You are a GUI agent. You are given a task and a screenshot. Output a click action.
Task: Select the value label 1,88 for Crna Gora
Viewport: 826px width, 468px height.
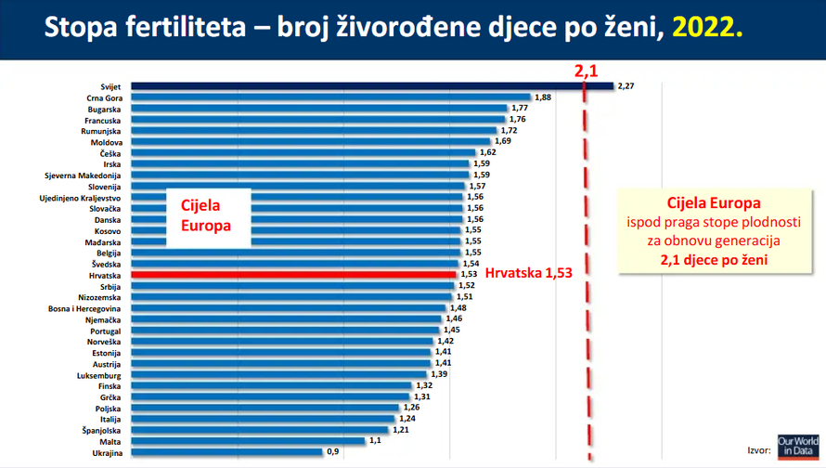pyautogui.click(x=543, y=97)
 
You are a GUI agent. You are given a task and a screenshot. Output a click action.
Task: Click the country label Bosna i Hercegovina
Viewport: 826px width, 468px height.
pyautogui.click(x=84, y=308)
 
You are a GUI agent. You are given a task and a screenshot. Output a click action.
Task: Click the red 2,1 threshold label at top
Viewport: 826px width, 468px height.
pyautogui.click(x=586, y=71)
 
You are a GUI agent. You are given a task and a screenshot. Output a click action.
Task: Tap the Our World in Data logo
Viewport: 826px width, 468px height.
pyautogui.click(x=797, y=446)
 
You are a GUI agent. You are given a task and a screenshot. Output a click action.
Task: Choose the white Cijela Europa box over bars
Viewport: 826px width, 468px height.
pyautogui.click(x=208, y=216)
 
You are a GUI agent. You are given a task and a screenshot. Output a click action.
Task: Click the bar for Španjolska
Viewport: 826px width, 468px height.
pyautogui.click(x=260, y=430)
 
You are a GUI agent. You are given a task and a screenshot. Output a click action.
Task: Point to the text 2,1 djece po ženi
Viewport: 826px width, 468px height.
pyautogui.click(x=714, y=261)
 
